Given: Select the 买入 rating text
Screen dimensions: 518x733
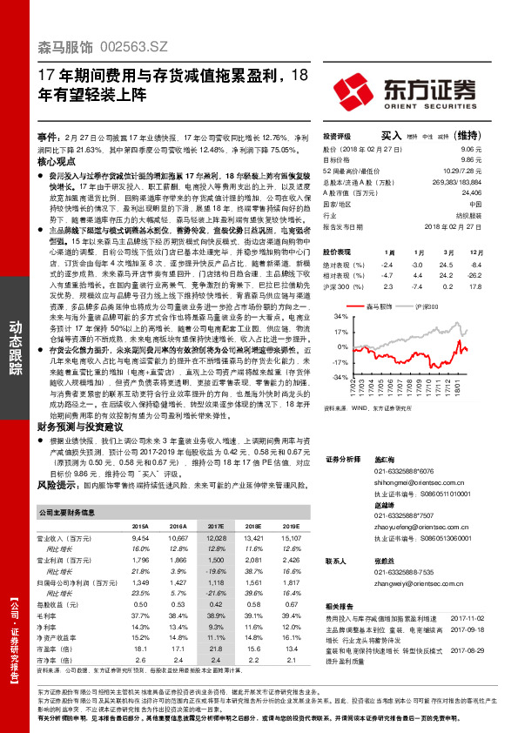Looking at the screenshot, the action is click(392, 136).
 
